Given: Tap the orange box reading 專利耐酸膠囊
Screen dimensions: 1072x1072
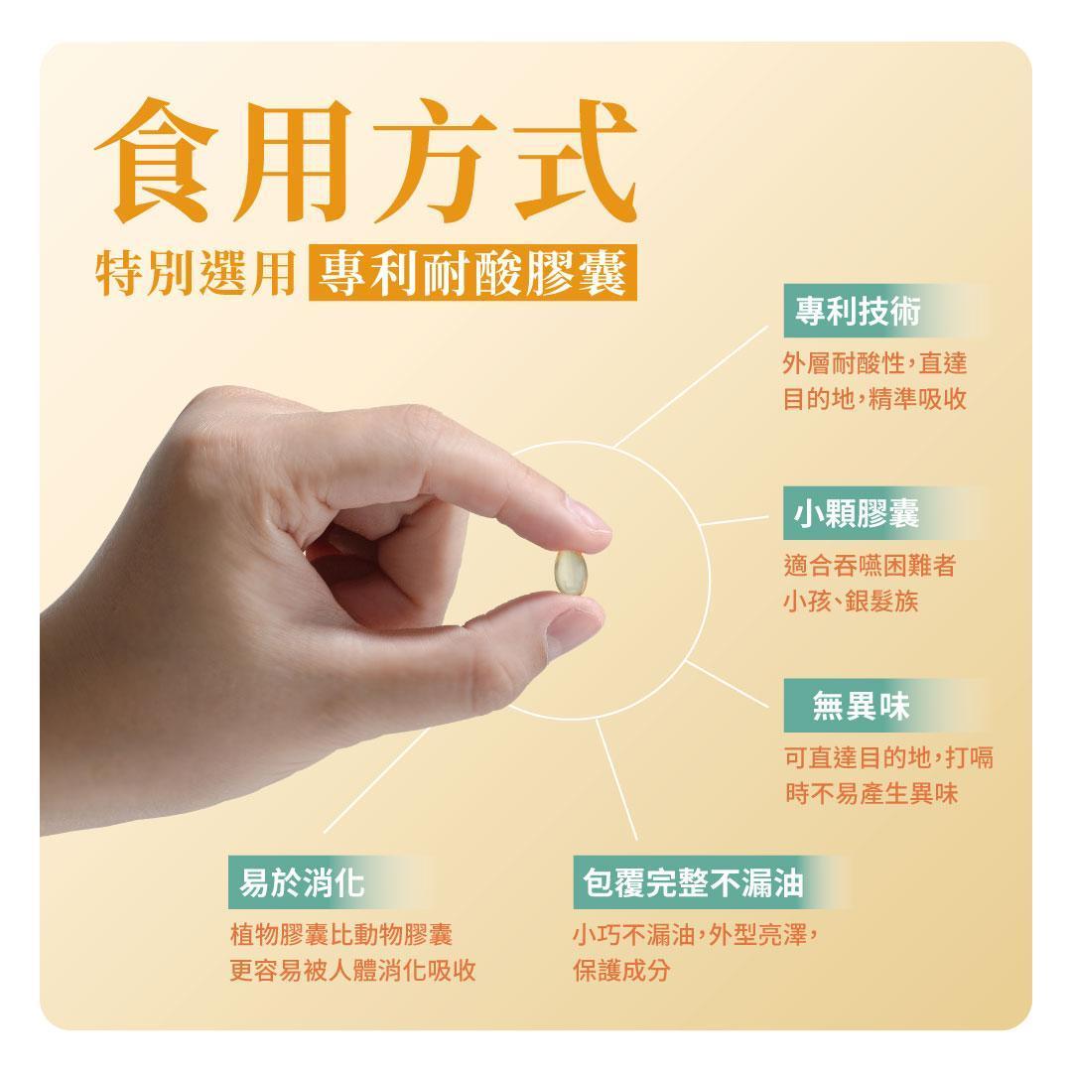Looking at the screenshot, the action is click(472, 272).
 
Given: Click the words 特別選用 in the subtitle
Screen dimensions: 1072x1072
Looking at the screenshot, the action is click(195, 273).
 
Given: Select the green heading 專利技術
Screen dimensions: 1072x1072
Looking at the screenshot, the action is click(858, 311).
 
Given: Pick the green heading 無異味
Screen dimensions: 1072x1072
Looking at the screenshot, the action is click(861, 706).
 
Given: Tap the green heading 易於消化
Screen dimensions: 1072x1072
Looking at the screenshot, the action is click(302, 882).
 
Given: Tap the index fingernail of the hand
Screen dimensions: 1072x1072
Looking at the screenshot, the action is click(588, 515).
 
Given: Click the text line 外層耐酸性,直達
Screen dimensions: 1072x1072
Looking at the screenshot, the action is click(874, 363).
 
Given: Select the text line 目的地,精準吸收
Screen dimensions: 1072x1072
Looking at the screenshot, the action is click(874, 399).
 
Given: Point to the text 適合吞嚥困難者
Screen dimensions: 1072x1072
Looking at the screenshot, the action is click(870, 566).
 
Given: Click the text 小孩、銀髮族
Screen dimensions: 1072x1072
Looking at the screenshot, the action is click(851, 602).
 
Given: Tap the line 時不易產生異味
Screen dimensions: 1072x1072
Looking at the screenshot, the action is click(871, 794).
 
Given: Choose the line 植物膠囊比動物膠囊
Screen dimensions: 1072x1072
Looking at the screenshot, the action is click(341, 935).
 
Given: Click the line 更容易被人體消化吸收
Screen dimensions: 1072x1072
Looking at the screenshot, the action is click(352, 971).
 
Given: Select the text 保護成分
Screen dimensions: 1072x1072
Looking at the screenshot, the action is click(621, 971).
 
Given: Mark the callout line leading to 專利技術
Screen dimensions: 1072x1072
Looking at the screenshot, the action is click(691, 387).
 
